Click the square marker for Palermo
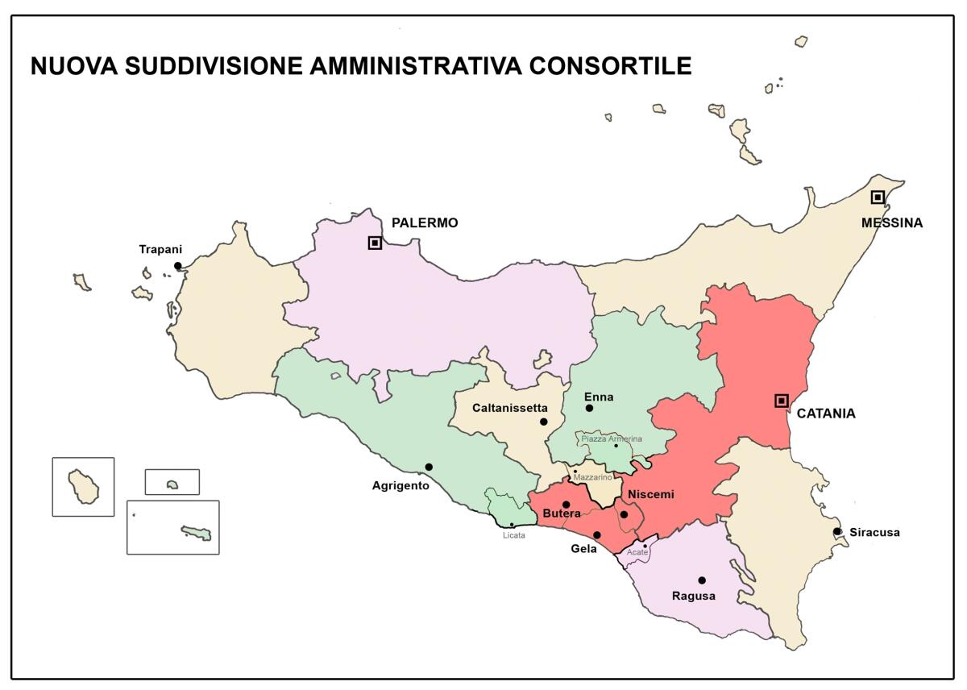[x=375, y=242]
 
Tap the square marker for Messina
[x=878, y=197]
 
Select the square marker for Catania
[x=781, y=401]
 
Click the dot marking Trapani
[x=178, y=266]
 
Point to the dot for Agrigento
[x=429, y=467]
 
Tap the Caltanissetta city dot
[x=544, y=422]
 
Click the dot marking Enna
[x=589, y=409]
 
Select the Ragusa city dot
[x=702, y=580]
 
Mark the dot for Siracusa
[x=837, y=531]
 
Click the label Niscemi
[x=650, y=494]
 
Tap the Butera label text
[x=562, y=513]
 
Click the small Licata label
[x=513, y=535]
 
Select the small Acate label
[x=637, y=552]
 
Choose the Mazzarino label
[x=592, y=478]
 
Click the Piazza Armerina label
[x=612, y=439]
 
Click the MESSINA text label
[x=891, y=222]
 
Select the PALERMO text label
[x=424, y=222]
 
